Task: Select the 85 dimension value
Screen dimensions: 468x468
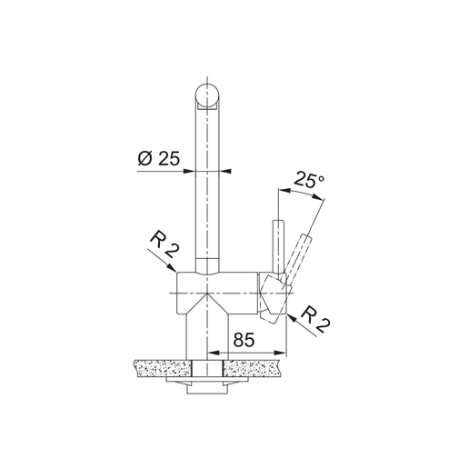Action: pos(243,341)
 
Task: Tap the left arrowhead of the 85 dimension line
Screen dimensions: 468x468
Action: pos(214,353)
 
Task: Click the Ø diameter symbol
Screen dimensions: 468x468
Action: pos(144,157)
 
